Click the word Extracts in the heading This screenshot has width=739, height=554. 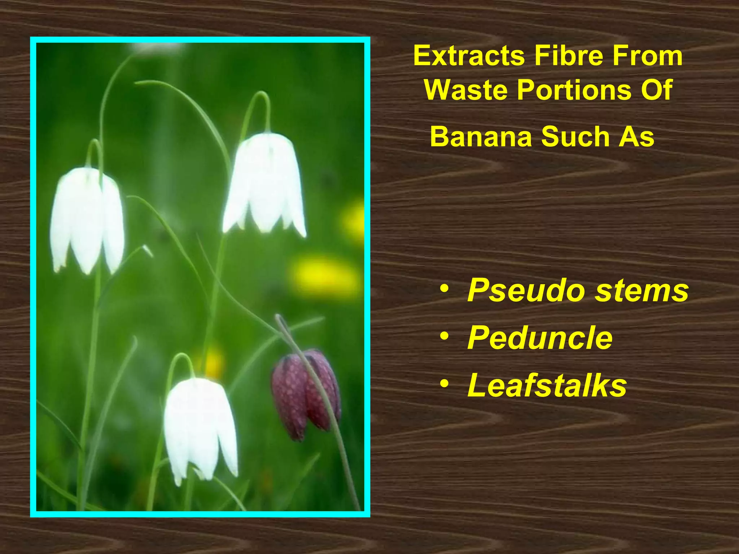[x=469, y=56]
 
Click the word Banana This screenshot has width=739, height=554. [x=481, y=137]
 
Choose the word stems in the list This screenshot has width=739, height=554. [x=642, y=291]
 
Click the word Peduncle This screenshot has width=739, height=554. [x=540, y=338]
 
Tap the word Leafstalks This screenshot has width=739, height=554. [x=547, y=386]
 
